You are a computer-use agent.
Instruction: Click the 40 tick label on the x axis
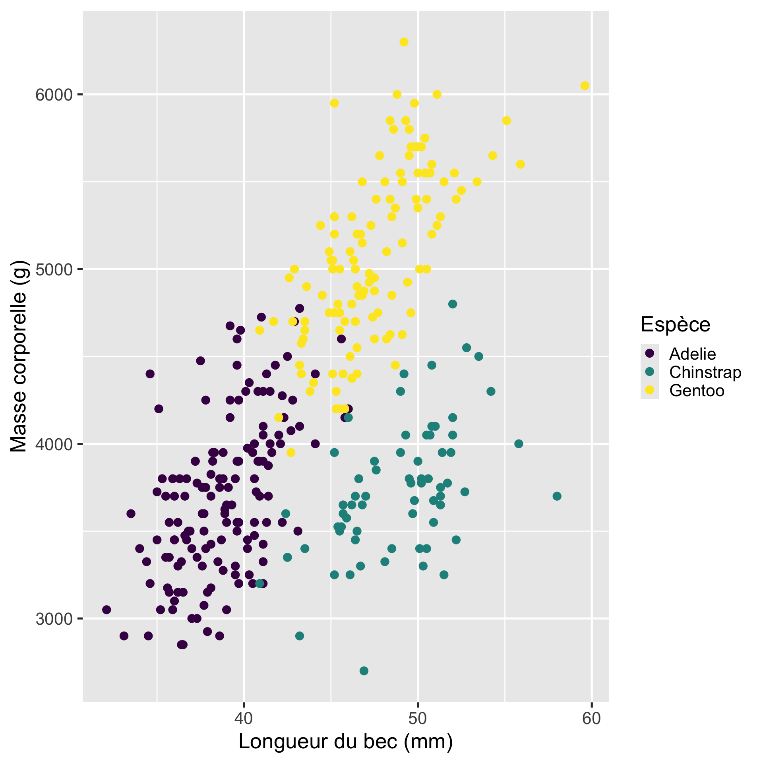[244, 719]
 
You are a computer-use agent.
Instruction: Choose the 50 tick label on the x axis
[418, 719]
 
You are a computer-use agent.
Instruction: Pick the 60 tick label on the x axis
[592, 719]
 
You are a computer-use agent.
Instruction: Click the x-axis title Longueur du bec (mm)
[346, 742]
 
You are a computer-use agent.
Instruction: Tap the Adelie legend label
[692, 354]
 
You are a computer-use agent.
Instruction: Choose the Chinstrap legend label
[705, 372]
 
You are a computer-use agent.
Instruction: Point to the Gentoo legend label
[697, 391]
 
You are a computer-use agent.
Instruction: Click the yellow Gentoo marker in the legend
[650, 390]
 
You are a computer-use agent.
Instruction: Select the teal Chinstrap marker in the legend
[650, 372]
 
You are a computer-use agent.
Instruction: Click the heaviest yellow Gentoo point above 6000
[404, 42]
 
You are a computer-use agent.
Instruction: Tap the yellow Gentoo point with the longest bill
[585, 86]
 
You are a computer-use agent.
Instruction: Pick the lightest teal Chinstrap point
[364, 671]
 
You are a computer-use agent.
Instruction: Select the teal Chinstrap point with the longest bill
[557, 496]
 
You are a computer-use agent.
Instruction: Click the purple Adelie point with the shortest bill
[107, 610]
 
